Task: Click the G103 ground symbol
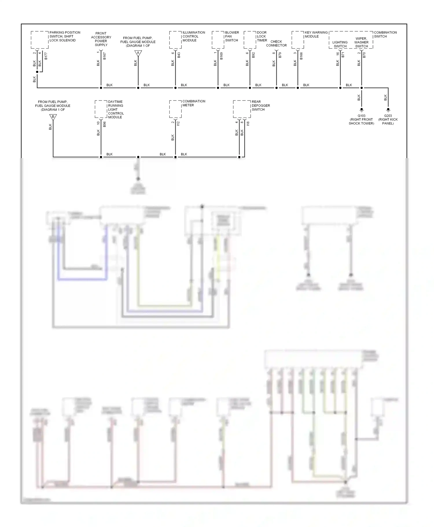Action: [361, 110]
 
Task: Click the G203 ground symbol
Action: [388, 110]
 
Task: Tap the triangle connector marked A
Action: [138, 53]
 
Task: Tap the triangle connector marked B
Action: [53, 117]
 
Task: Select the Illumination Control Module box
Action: [175, 40]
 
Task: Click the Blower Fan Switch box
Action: [218, 40]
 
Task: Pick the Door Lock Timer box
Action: [250, 40]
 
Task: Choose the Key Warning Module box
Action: [298, 40]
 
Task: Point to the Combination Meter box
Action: [175, 109]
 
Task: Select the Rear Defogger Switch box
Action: [242, 109]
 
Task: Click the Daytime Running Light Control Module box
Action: [101, 109]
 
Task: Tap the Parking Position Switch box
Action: [40, 40]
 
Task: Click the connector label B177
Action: [46, 56]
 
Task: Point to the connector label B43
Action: [179, 55]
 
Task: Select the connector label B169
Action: [221, 56]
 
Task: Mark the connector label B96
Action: [104, 124]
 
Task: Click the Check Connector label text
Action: [276, 43]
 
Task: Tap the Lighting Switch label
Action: [340, 44]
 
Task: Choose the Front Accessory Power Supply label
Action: [101, 39]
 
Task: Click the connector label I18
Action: [248, 123]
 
